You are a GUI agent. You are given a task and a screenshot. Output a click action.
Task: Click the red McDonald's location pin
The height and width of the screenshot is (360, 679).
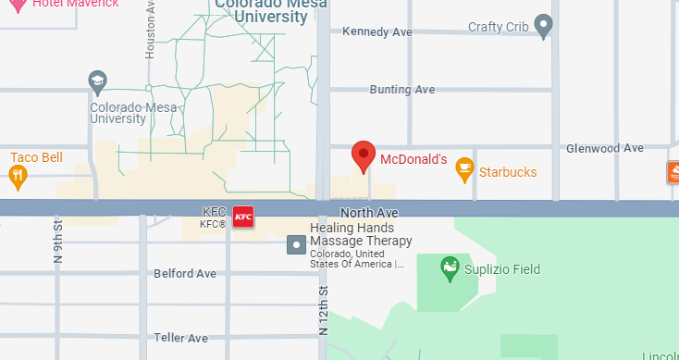[x=364, y=156]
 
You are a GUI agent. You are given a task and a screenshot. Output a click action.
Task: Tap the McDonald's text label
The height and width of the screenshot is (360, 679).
[x=414, y=160]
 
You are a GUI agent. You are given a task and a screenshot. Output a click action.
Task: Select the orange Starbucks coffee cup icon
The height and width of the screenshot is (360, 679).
[x=464, y=171]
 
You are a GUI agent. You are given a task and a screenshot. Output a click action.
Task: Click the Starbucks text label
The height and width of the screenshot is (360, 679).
[x=507, y=173]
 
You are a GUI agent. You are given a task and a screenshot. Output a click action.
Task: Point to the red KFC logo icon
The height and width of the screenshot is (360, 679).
[x=243, y=217]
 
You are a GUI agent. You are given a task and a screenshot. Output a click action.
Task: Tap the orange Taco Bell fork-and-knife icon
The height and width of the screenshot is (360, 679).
[x=18, y=175]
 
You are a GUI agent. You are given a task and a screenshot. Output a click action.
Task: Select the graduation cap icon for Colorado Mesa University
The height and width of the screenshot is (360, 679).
[x=97, y=82]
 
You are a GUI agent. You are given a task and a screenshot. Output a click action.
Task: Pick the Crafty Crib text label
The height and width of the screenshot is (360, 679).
[x=499, y=28]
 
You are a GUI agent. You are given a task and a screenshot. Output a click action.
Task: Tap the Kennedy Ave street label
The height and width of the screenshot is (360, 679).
[x=377, y=31]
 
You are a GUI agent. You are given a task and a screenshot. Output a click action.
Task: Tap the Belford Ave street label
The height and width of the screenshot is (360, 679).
[x=185, y=274]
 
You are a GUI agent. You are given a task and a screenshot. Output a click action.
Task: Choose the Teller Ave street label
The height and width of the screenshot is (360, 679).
[x=181, y=338]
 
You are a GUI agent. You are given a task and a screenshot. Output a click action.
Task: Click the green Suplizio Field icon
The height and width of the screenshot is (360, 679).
[x=451, y=269]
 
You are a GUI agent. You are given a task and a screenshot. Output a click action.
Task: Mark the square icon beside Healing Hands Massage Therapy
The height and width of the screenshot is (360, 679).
[x=296, y=244]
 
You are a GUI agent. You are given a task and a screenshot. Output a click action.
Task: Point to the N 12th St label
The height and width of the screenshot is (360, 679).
[x=323, y=309]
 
